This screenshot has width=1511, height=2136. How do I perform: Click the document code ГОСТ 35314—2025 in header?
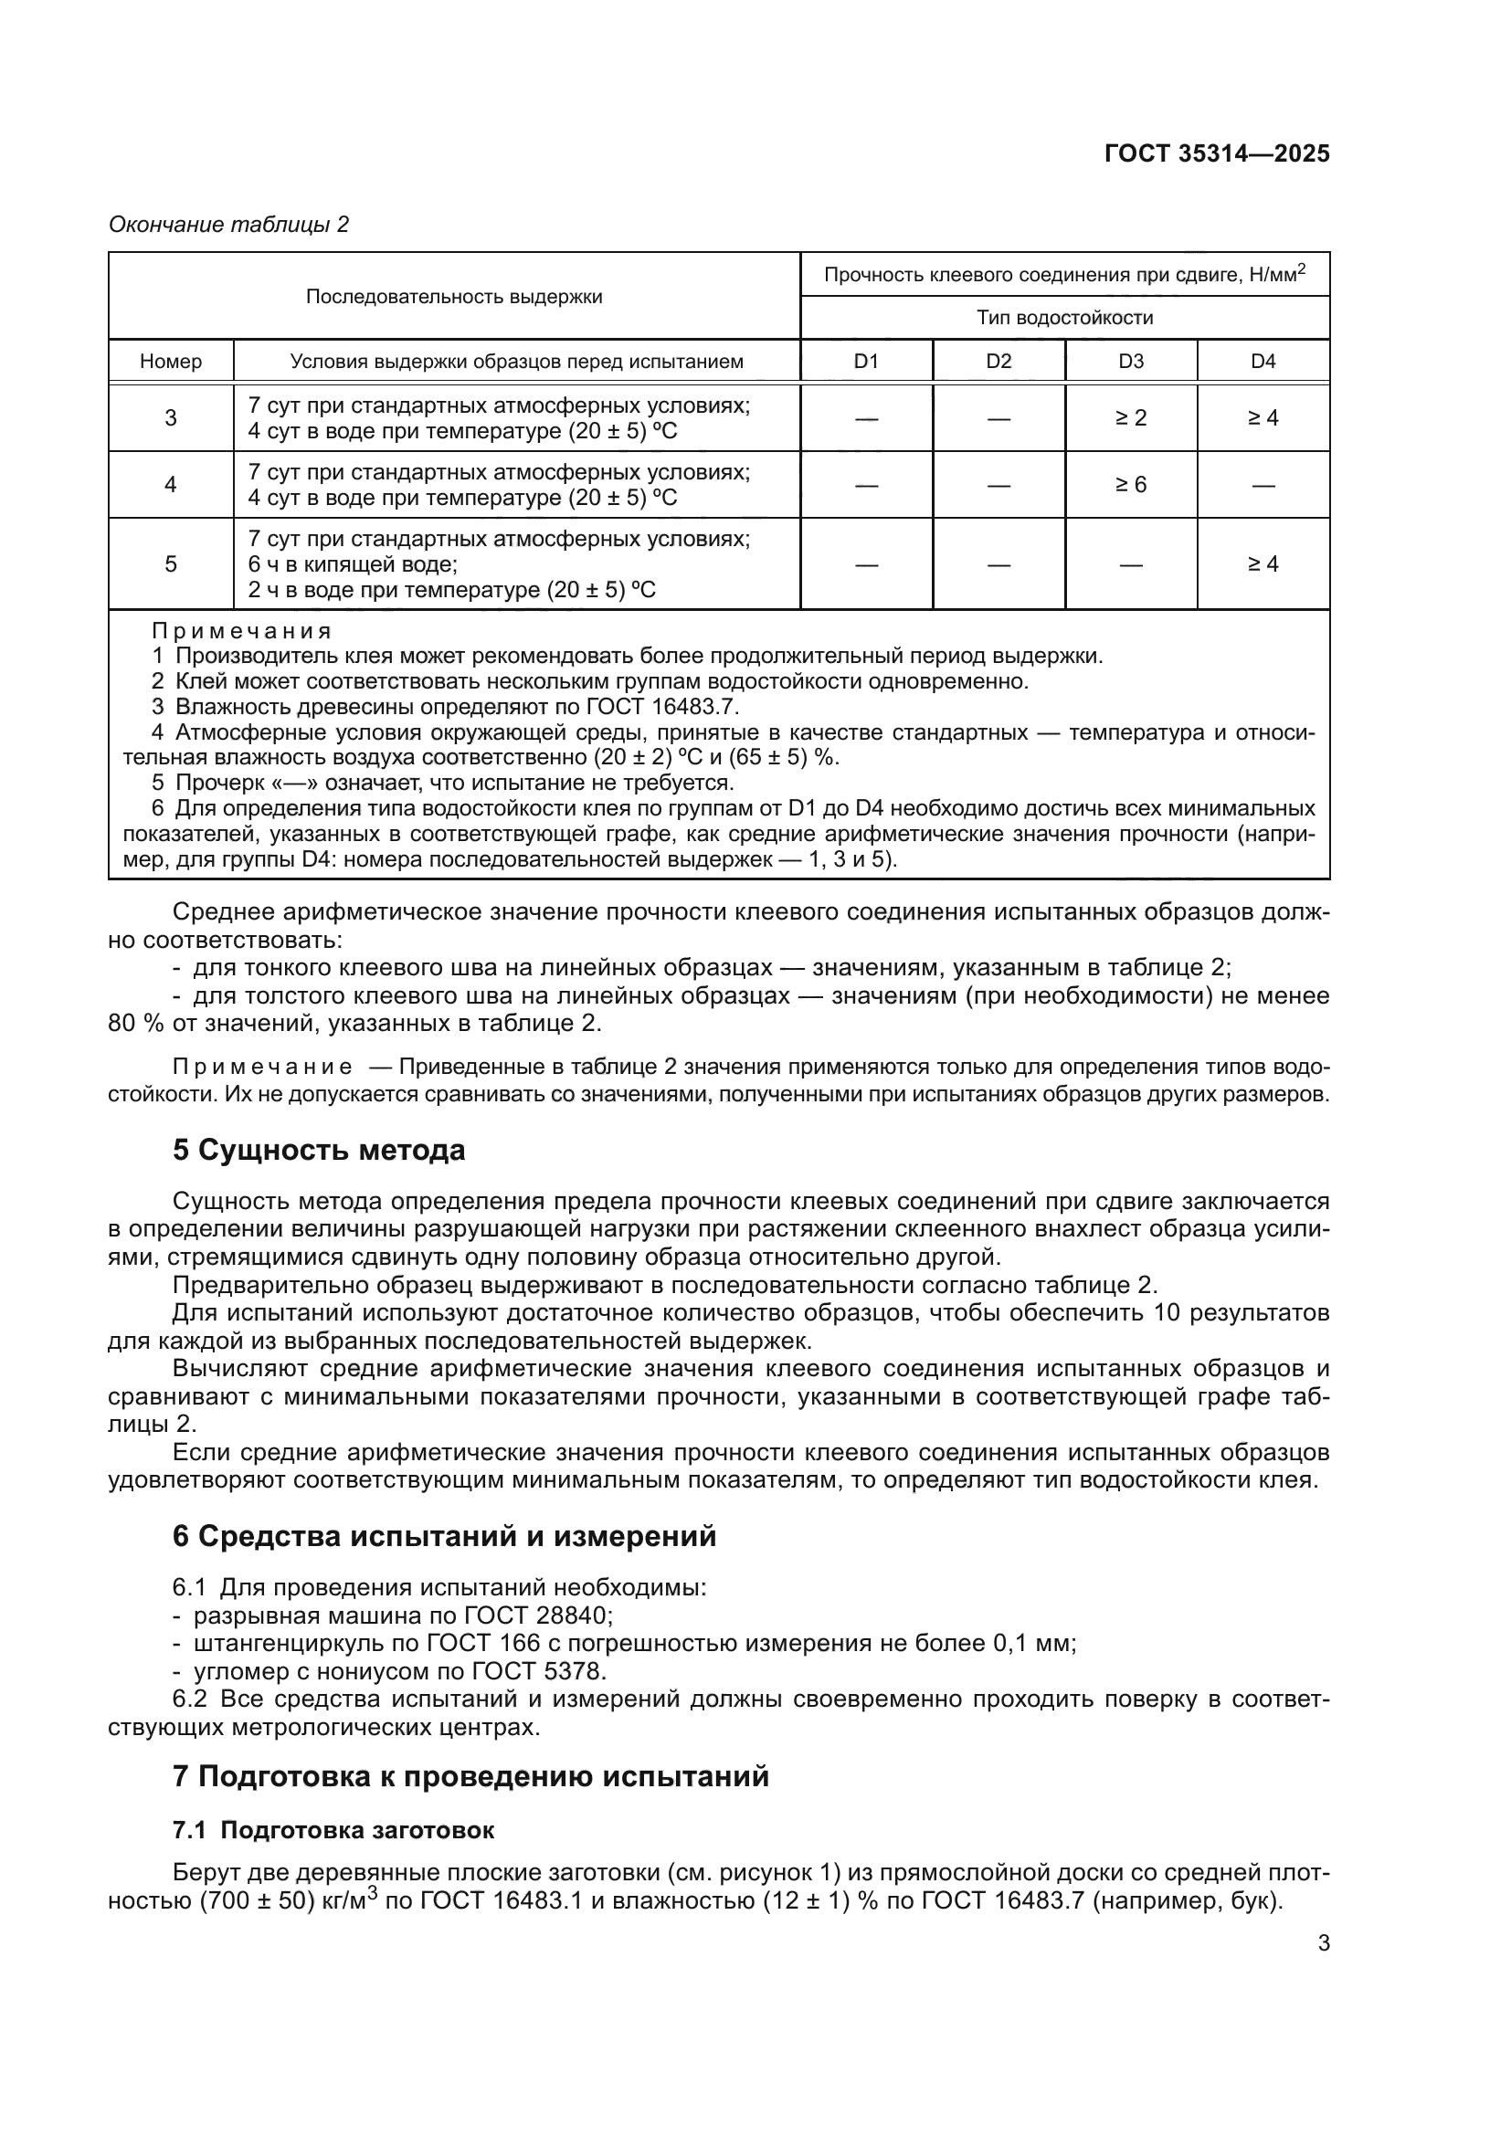1216,154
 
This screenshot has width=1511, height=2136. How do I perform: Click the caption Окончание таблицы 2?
228,226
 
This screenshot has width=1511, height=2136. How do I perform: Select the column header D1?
865,362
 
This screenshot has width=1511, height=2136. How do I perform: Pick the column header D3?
1130,362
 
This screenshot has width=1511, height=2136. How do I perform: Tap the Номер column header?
170,362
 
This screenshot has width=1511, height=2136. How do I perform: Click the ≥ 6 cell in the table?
1130,485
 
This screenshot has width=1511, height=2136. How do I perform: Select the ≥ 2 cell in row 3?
1130,418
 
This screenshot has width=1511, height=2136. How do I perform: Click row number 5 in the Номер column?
170,563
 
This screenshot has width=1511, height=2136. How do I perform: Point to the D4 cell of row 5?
1263,563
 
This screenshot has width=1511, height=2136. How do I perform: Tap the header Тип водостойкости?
1064,318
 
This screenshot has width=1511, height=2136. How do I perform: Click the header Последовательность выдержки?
454,297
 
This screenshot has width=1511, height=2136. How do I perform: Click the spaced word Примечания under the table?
242,632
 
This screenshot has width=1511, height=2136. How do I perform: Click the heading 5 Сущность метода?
318,1151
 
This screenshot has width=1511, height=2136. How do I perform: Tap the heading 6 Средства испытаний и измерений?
444,1536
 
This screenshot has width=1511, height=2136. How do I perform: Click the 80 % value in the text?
137,1025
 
